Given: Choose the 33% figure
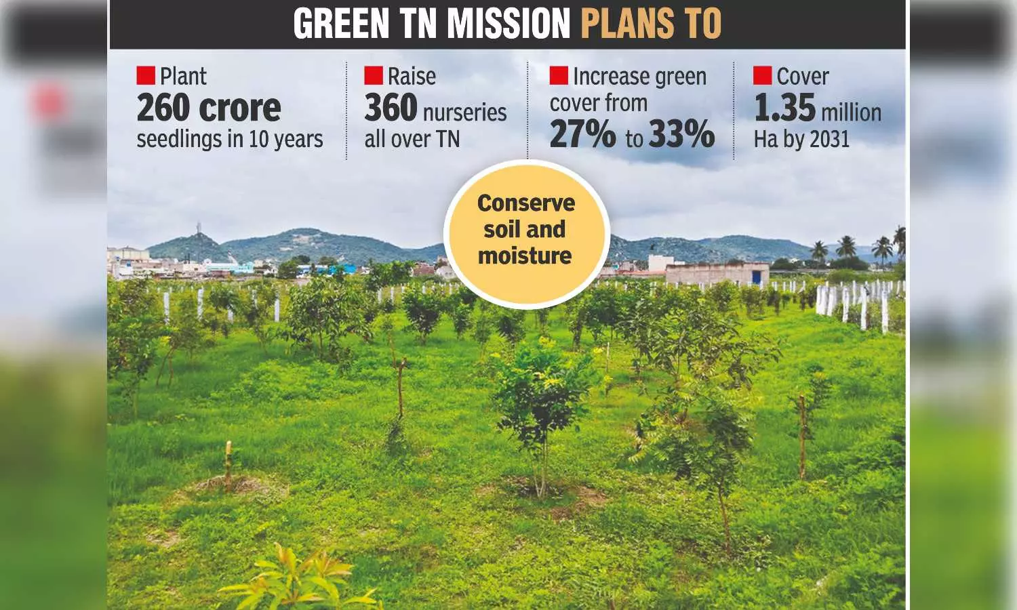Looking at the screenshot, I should coord(681,135).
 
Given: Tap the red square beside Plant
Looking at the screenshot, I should coord(145,75).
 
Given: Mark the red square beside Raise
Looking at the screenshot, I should coord(373,75).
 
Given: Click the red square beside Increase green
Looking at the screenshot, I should coord(558,75).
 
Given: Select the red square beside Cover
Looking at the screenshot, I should coord(762,75).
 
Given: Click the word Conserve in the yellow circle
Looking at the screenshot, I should coord(526,203).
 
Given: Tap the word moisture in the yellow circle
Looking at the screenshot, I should coord(525,256).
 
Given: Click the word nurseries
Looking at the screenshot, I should coord(466,113).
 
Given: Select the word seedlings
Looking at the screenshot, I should coord(179,140).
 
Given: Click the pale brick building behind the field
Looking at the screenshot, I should coord(717,274).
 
